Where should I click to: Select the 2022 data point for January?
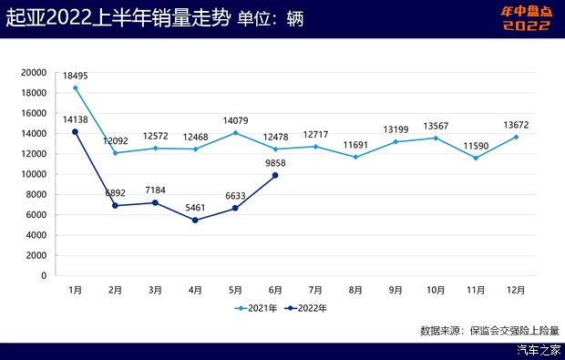pos(76,132)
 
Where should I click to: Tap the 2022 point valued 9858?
pos(276,175)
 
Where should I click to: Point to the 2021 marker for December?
pos(516,137)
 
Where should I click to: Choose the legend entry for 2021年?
pos(257,308)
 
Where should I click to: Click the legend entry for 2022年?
pos(306,308)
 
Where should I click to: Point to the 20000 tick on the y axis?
pos(33,73)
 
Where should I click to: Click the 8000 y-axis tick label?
pos(36,194)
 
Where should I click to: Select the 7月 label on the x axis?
pos(315,290)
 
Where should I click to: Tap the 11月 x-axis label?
pos(476,290)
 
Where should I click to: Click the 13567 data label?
pos(436,126)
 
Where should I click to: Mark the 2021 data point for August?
pos(355,157)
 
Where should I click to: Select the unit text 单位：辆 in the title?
pos(270,16)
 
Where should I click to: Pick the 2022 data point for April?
pos(196,220)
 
